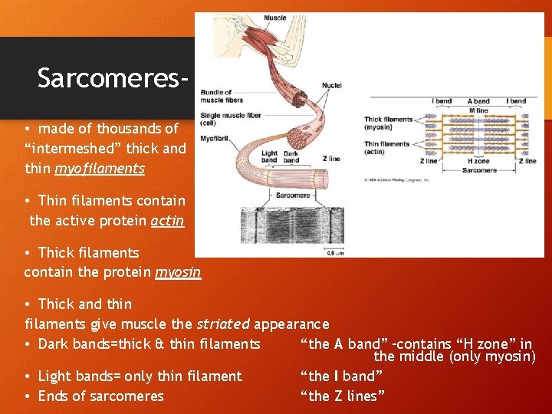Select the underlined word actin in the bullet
[168, 221]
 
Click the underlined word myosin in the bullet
[178, 272]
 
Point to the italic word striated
[223, 324]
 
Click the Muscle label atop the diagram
[274, 18]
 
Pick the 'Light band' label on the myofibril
[270, 156]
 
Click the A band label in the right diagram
[479, 101]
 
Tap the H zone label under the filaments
[479, 162]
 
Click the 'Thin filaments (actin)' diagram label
[386, 148]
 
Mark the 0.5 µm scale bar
[334, 251]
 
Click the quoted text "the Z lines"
[342, 396]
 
